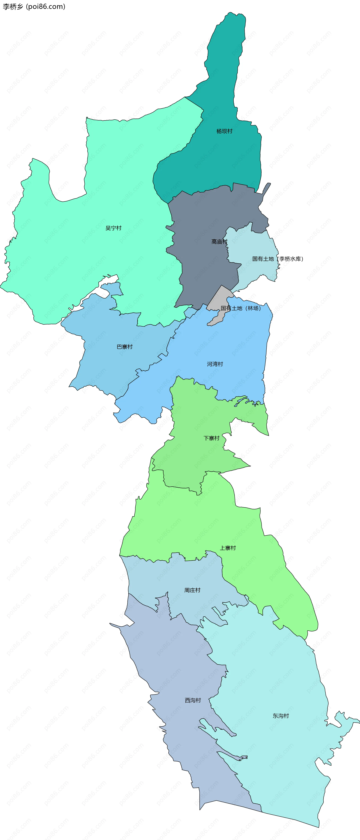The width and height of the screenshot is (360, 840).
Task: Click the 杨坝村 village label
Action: click(224, 131)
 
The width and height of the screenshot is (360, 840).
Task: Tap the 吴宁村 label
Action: click(113, 228)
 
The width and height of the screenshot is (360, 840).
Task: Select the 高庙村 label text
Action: click(219, 242)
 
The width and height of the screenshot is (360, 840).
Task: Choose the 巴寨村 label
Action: click(124, 347)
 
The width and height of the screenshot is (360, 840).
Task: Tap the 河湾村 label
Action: click(215, 364)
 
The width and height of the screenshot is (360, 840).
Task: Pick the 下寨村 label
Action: click(211, 438)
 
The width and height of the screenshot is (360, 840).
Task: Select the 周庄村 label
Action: click(192, 590)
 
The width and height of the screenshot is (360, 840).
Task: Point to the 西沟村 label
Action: click(193, 700)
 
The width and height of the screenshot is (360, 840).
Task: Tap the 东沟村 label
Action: click(281, 716)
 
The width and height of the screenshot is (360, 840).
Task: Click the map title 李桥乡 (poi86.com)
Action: click(34, 7)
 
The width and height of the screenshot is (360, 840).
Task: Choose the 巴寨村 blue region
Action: click(108, 365)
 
